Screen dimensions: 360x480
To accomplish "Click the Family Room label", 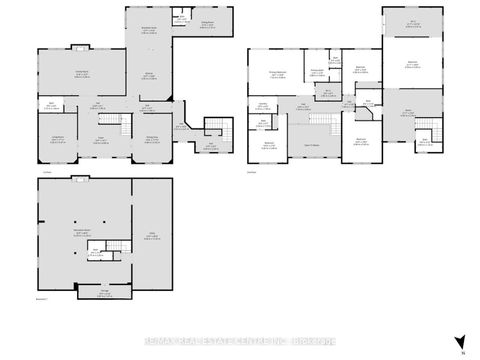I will (x=80, y=74).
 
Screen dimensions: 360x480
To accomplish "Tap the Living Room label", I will (x=58, y=138).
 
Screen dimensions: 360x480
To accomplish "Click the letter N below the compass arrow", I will (x=462, y=352).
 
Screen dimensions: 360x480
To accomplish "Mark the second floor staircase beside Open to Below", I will (x=322, y=123).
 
